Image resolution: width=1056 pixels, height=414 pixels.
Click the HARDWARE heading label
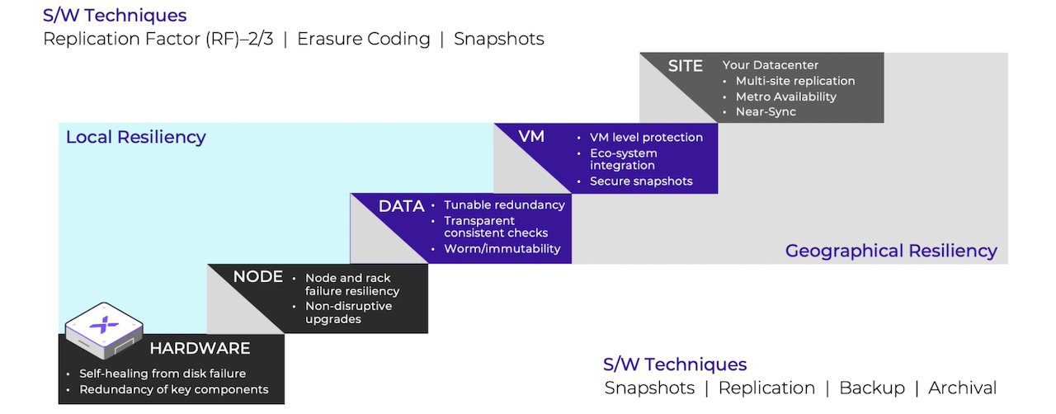[199, 348]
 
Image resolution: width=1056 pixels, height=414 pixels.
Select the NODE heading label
[257, 277]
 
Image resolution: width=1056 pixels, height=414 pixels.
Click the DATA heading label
[401, 206]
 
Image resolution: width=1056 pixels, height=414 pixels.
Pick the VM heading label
[531, 136]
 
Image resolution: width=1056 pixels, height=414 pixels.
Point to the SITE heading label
[685, 66]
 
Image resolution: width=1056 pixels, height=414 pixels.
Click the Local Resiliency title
[135, 137]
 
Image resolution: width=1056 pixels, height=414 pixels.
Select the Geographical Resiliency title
[891, 251]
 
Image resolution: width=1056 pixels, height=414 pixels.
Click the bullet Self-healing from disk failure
[163, 374]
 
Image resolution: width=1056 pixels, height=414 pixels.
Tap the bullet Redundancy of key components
[173, 389]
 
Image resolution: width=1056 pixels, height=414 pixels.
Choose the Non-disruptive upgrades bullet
[348, 313]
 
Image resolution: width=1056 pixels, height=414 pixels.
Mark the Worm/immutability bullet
[502, 248]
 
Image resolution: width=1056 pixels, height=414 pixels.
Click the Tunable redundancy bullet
[504, 205]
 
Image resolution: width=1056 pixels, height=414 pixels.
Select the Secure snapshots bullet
[641, 181]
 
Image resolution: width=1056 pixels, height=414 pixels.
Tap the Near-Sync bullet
[766, 111]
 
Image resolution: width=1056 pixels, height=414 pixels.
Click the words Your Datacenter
[771, 65]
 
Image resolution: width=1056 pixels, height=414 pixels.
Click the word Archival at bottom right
[962, 388]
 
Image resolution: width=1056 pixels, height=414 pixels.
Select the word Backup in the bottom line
[871, 388]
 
